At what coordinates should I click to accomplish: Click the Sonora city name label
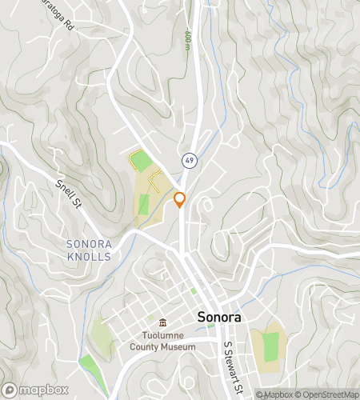(x=218, y=316)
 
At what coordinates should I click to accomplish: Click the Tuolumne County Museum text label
(x=162, y=342)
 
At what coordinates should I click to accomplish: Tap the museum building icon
(x=162, y=322)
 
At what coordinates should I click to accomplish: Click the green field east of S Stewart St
(x=271, y=345)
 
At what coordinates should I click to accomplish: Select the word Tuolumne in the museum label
(x=162, y=336)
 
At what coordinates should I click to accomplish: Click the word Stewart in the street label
(x=234, y=368)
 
